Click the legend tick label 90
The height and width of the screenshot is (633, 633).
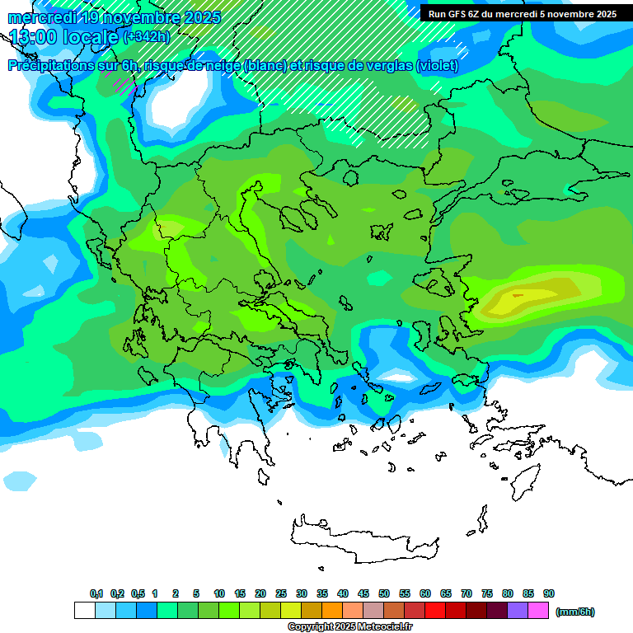pyautogui.click(x=549, y=593)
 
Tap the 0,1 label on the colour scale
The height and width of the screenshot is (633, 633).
pyautogui.click(x=96, y=593)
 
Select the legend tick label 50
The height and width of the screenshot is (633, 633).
pyautogui.click(x=384, y=593)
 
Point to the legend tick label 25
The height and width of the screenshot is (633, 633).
pyautogui.click(x=281, y=593)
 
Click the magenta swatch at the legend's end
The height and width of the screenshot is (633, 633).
pyautogui.click(x=538, y=611)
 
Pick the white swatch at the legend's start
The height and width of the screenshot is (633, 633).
pyautogui.click(x=84, y=611)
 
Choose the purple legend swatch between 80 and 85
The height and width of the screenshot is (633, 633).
pyautogui.click(x=518, y=611)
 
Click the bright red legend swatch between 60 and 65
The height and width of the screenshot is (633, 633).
pyautogui.click(x=435, y=611)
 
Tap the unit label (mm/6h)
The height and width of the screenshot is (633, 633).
pyautogui.click(x=574, y=612)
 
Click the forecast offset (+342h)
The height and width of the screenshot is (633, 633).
pyautogui.click(x=147, y=37)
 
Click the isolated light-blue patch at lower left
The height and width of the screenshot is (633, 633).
pyautogui.click(x=20, y=480)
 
